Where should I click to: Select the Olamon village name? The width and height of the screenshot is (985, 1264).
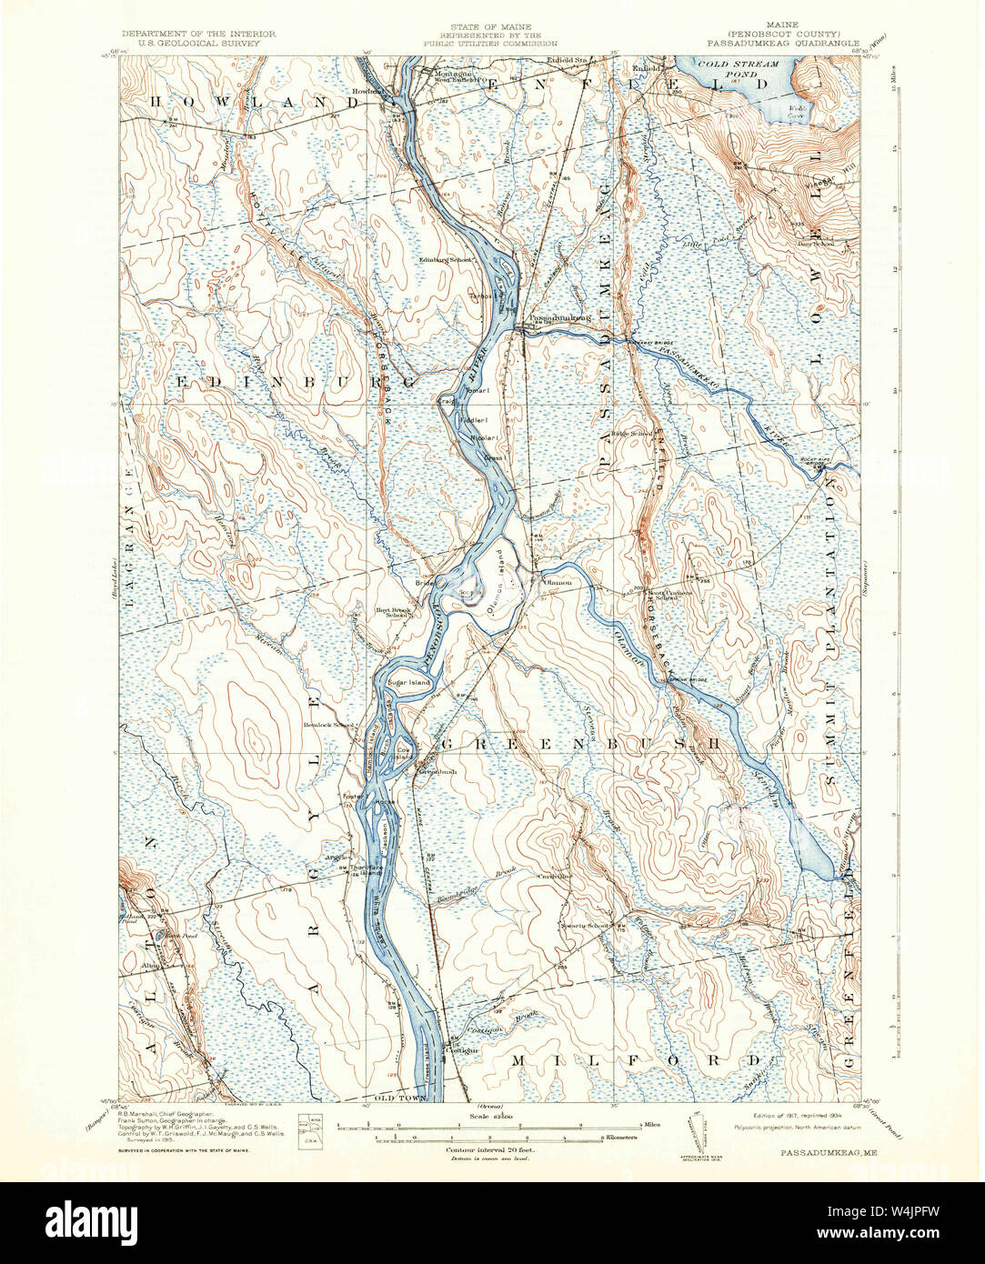click(x=557, y=581)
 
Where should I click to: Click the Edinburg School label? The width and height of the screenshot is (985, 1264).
click(x=445, y=260)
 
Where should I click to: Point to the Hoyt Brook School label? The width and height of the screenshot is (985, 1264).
click(x=396, y=612)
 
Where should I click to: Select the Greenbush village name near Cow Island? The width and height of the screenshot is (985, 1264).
click(x=437, y=772)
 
